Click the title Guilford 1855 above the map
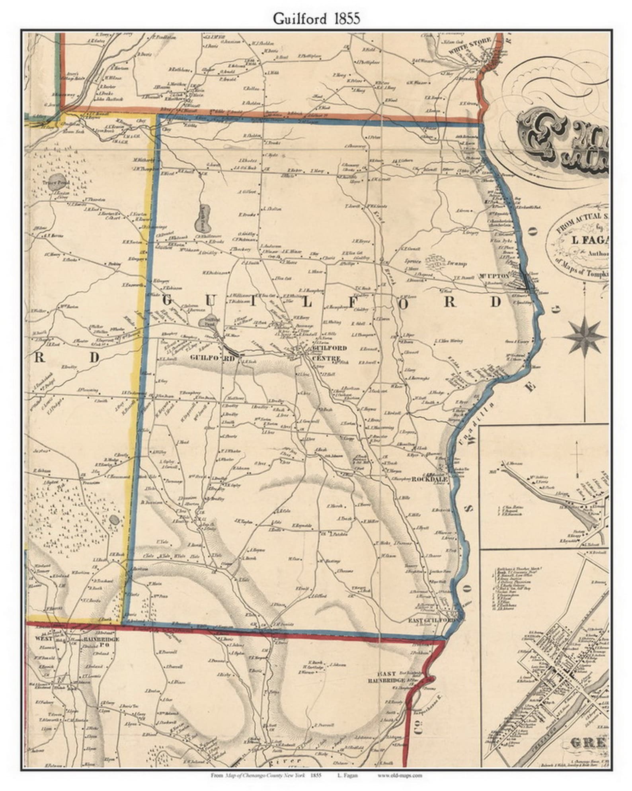coord(316,19)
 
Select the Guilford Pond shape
coord(208,322)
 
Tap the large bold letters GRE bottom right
coord(587,743)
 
